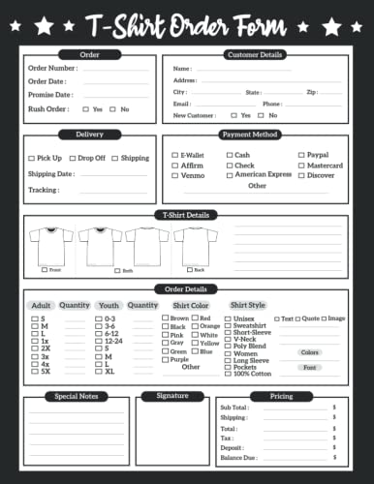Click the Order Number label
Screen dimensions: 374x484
click(52, 69)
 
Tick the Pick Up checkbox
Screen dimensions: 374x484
click(31, 158)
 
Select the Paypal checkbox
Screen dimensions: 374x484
click(300, 155)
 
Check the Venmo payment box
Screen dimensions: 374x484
click(174, 176)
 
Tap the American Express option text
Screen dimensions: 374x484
click(264, 175)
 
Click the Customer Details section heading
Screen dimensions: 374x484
click(254, 54)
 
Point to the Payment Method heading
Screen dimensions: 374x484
click(249, 135)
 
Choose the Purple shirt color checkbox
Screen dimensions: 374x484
click(165, 359)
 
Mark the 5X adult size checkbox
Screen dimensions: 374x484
click(34, 371)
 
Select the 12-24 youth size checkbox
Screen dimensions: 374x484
click(98, 341)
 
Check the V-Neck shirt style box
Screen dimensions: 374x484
click(229, 341)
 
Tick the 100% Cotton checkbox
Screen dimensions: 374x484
click(229, 373)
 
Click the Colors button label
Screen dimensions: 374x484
click(309, 352)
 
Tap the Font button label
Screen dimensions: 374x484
click(309, 367)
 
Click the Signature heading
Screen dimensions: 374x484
click(171, 396)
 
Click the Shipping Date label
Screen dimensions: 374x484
click(51, 174)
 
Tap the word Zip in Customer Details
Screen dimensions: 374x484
click(311, 92)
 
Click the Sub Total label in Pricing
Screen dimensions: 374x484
click(234, 408)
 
